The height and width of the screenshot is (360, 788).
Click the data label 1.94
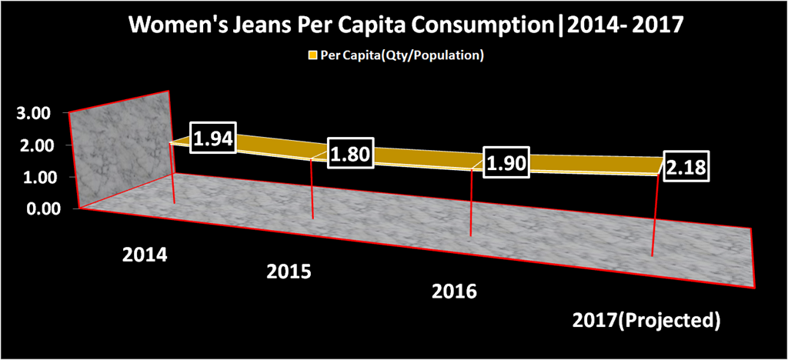point(213,138)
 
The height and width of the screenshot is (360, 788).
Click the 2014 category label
point(145,255)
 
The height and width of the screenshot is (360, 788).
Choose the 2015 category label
point(289,272)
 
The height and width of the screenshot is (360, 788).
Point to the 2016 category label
point(455,292)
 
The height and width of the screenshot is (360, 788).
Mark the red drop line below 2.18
point(656,216)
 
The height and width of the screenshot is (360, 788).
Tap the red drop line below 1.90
point(470,205)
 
